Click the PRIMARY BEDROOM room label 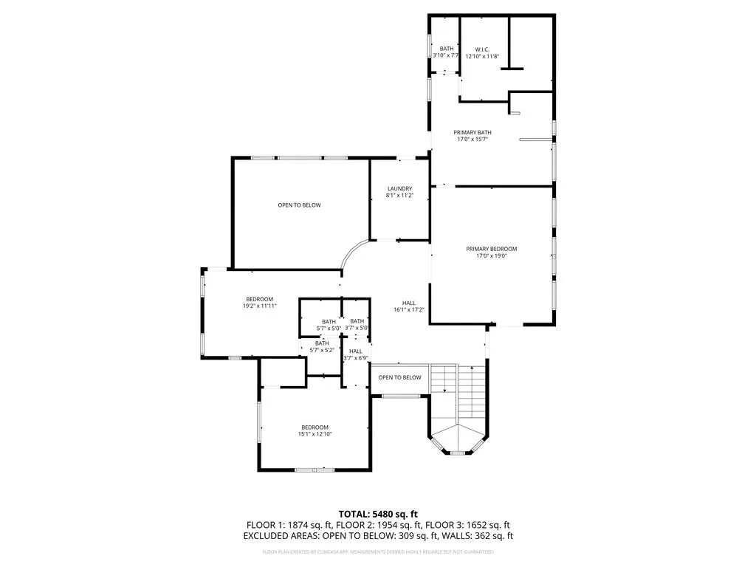[x=491, y=249]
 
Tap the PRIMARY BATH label [x=472, y=133]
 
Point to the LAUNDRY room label [x=399, y=188]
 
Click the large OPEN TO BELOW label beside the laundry [x=299, y=205]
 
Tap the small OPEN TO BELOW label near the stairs [x=399, y=377]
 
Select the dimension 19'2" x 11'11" [x=259, y=306]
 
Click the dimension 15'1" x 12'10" [x=315, y=434]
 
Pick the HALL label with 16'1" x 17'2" [x=408, y=303]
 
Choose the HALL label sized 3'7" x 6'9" [x=356, y=351]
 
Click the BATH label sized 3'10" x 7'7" [x=447, y=49]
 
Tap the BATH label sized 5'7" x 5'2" [x=322, y=343]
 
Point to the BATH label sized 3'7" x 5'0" [x=357, y=321]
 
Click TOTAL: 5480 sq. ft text [x=377, y=514]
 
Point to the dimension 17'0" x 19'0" [x=491, y=257]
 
